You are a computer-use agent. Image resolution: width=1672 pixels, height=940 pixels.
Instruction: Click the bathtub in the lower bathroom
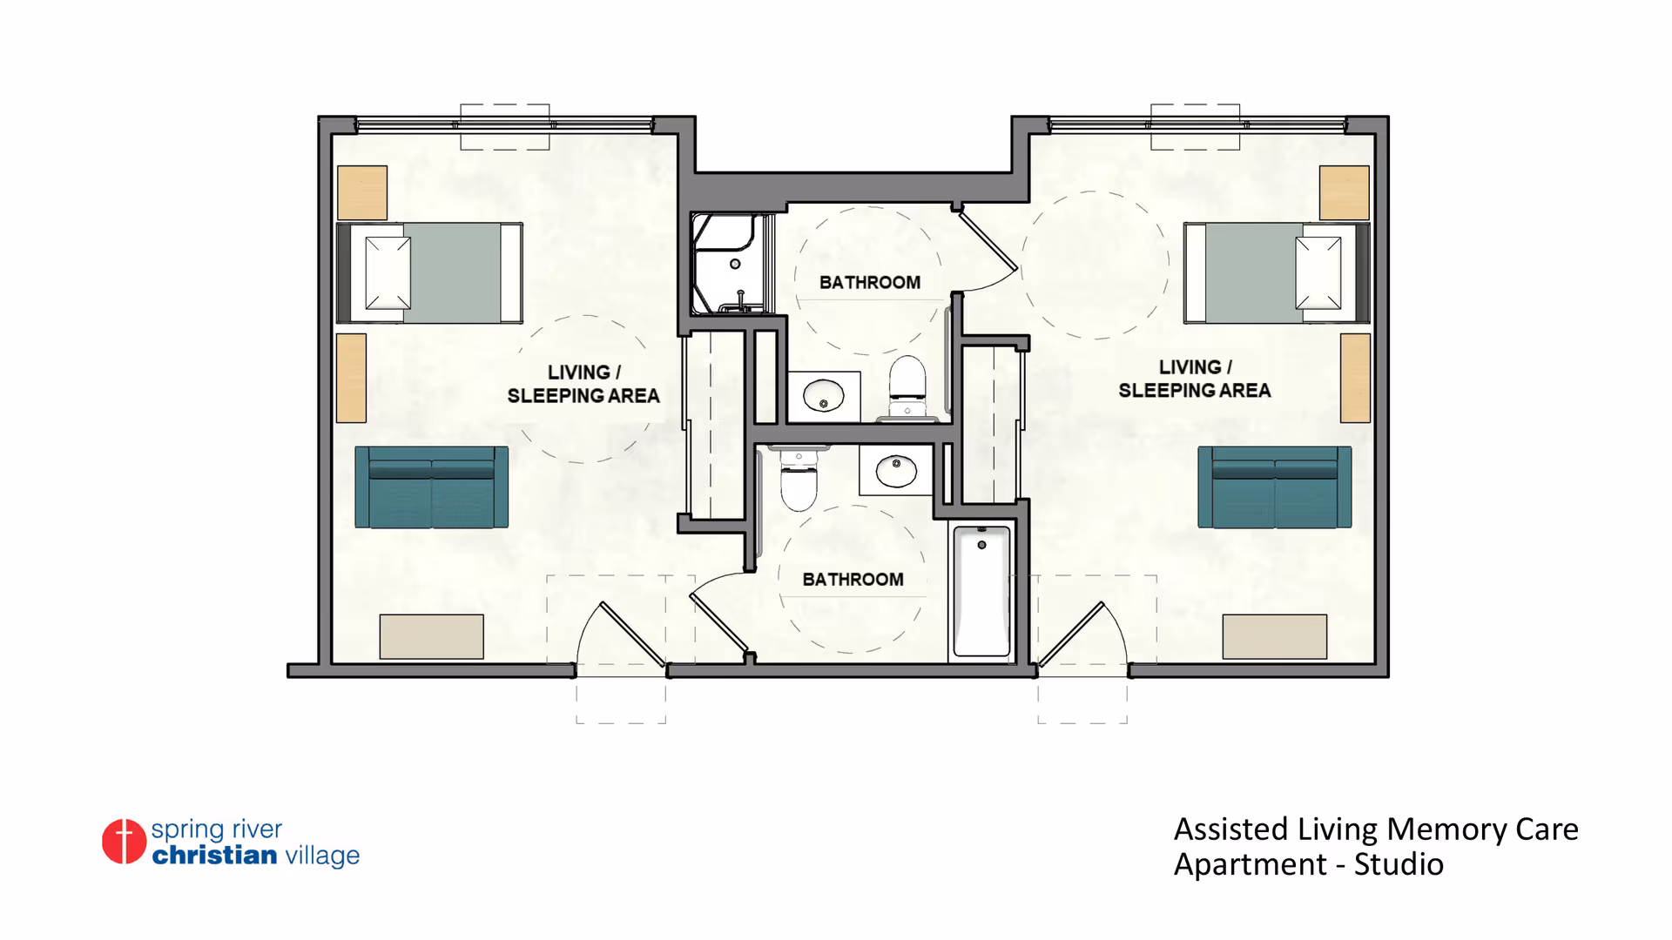coord(981,591)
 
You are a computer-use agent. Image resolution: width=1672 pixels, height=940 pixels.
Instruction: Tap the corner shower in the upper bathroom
coord(731,263)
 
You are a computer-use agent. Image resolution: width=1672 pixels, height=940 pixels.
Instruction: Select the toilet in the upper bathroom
coord(907,387)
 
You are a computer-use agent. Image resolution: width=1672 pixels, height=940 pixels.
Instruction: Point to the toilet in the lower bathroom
coord(799,480)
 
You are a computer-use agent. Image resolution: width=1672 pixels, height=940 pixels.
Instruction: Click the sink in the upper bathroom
coord(824,398)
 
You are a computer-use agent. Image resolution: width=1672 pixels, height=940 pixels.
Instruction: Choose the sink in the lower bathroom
coord(896,470)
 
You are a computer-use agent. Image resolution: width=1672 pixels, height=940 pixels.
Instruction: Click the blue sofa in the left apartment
coord(432,487)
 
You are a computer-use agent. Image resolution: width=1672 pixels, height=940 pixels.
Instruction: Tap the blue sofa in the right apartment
coord(1275,487)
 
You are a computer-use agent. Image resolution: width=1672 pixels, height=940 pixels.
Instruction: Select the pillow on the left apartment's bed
coord(388,273)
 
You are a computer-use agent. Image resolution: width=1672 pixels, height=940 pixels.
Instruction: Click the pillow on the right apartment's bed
coord(1318,273)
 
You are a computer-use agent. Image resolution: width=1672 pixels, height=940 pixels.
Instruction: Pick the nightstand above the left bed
coord(362,192)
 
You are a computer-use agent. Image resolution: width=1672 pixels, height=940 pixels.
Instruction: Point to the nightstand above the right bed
coord(1345,192)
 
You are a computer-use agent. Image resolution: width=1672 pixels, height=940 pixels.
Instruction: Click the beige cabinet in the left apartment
coord(432,637)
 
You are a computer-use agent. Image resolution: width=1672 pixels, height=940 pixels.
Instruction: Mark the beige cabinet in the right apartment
coord(1275,637)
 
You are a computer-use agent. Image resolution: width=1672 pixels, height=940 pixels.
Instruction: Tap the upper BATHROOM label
coord(870,283)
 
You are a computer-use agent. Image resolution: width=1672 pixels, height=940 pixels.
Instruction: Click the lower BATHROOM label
coord(853,580)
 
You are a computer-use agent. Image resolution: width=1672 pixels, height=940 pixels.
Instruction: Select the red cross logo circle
coord(124,842)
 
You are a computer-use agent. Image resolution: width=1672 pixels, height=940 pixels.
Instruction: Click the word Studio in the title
coord(1399,864)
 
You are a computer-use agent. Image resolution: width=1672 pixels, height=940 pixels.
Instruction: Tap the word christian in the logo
coord(215,855)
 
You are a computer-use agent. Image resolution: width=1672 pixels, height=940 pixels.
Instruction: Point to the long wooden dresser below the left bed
coord(352,379)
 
